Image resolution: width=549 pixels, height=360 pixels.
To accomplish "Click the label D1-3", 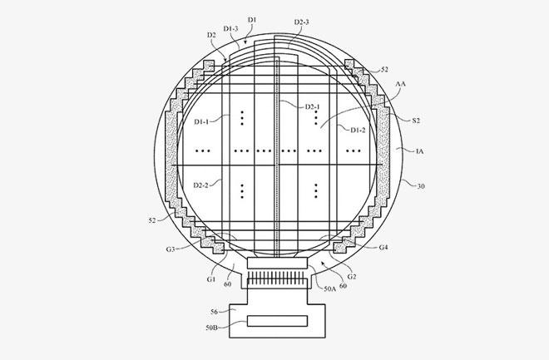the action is pyautogui.click(x=230, y=29).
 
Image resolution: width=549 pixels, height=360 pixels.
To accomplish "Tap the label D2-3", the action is pyautogui.click(x=301, y=22).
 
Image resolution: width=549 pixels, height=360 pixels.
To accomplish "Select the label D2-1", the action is pyautogui.click(x=312, y=106).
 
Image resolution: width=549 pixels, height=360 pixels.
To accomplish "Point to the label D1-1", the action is pyautogui.click(x=201, y=121).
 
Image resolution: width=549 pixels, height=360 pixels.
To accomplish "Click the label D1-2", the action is pyautogui.click(x=358, y=130).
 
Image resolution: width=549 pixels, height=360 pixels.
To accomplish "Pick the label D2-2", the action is pyautogui.click(x=201, y=185).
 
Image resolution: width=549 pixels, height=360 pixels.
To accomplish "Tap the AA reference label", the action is pyautogui.click(x=401, y=84).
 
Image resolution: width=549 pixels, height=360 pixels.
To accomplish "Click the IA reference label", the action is pyautogui.click(x=419, y=151).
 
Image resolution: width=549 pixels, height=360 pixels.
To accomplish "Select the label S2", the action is pyautogui.click(x=416, y=121).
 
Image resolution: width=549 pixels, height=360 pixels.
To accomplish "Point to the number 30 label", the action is pyautogui.click(x=421, y=186).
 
